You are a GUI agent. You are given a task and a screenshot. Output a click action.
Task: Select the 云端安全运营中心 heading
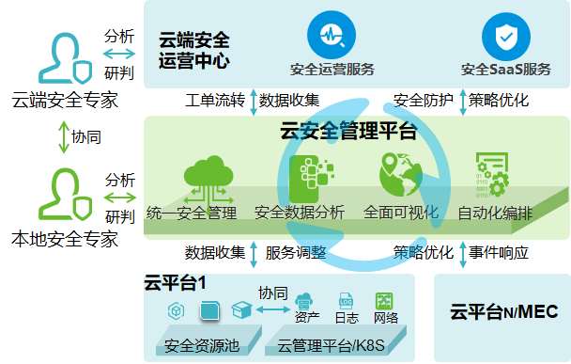(x=194, y=52)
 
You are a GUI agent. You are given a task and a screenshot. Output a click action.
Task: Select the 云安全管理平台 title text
(x=348, y=131)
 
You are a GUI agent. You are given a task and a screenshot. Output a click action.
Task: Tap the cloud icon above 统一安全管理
(x=209, y=177)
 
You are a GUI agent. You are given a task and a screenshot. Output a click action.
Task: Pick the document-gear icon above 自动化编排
(x=489, y=175)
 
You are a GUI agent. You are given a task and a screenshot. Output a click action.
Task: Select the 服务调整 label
(x=296, y=253)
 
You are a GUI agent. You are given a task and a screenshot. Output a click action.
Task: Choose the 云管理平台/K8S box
(x=332, y=344)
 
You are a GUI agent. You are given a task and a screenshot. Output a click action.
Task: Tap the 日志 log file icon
(x=345, y=301)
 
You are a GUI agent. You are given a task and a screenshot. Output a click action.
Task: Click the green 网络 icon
(x=384, y=300)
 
